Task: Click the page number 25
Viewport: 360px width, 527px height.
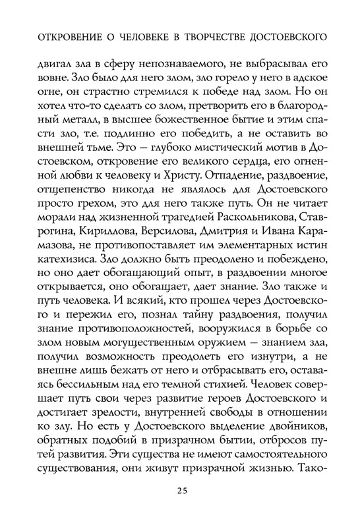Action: click(180, 488)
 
